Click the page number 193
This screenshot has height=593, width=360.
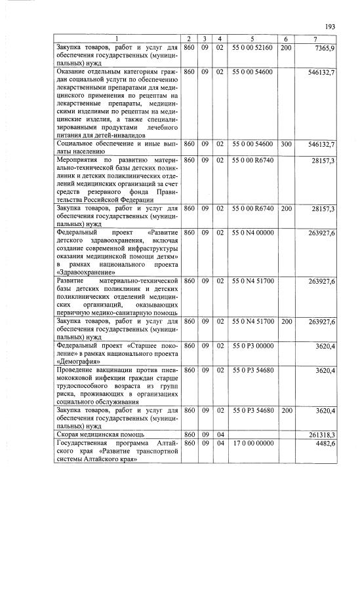pos(330,26)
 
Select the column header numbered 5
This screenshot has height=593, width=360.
pos(252,39)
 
